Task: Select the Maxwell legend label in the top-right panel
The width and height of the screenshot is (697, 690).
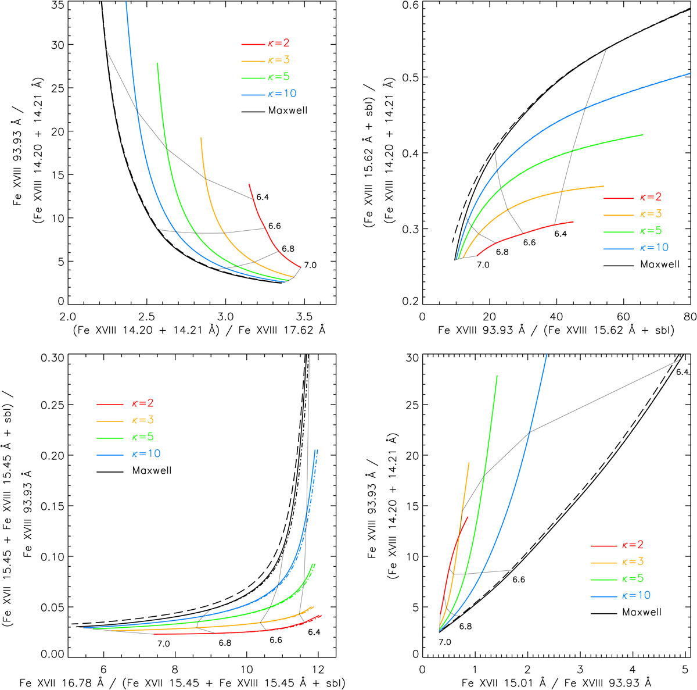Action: pyautogui.click(x=659, y=264)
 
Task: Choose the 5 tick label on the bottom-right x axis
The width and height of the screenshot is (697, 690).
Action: pyautogui.click(x=685, y=667)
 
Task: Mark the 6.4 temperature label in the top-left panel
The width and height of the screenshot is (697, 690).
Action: pyautogui.click(x=262, y=198)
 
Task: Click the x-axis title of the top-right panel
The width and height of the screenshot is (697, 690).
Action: pyautogui.click(x=556, y=330)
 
